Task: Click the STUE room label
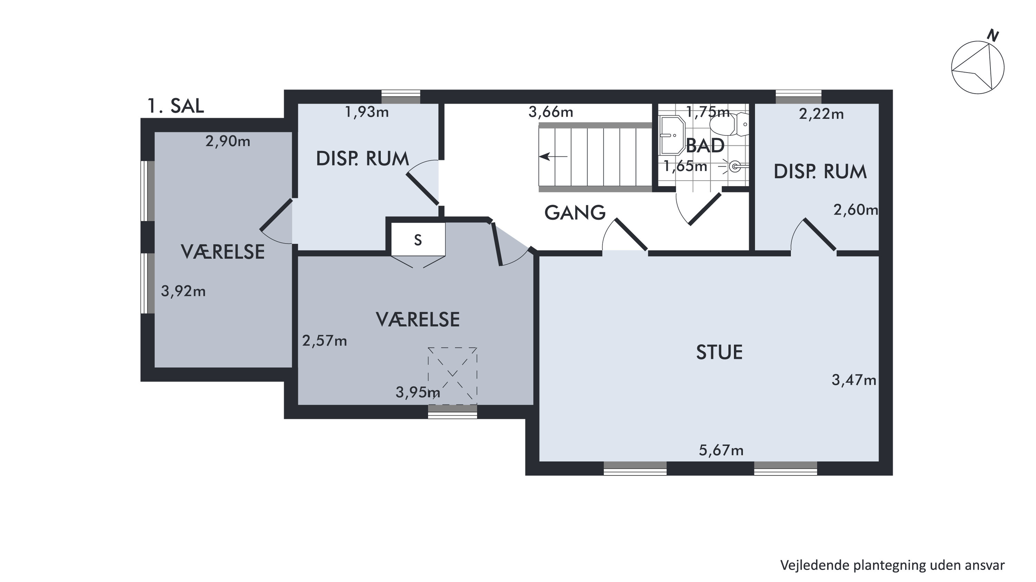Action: [x=720, y=352]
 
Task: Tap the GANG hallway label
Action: [x=575, y=213]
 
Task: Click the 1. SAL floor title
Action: [x=176, y=106]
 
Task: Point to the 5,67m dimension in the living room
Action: [x=721, y=450]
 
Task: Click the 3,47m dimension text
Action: [x=854, y=380]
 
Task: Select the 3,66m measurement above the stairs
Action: [x=551, y=112]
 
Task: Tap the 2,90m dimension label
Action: [x=228, y=141]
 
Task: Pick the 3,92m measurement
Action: [x=183, y=291]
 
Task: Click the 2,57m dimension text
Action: [x=325, y=341]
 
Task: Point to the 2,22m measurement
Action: [x=821, y=114]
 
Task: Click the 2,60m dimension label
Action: [x=856, y=210]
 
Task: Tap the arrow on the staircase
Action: [x=553, y=157]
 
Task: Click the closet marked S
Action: [x=418, y=240]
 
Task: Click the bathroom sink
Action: [x=672, y=135]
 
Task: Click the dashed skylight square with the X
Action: [x=453, y=376]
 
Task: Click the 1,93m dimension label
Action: [x=367, y=112]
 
